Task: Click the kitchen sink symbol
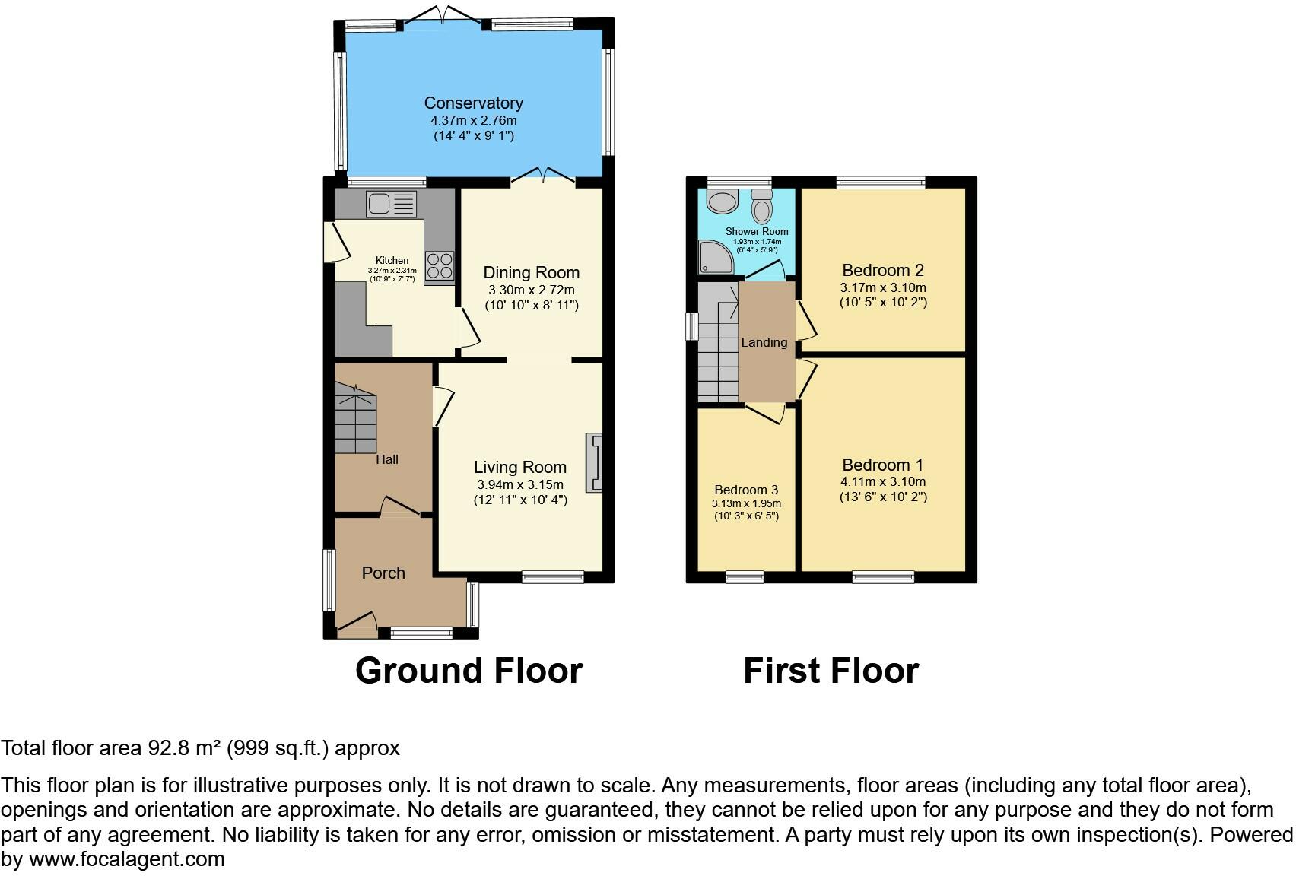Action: point(391,204)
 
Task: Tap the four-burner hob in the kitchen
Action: point(440,266)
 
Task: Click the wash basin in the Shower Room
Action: point(722,202)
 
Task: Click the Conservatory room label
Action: point(473,103)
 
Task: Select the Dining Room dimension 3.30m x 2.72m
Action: point(531,290)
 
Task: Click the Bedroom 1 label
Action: point(882,465)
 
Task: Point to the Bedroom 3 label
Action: point(746,490)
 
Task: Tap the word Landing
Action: point(764,342)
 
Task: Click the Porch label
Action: point(383,573)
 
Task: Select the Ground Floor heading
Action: point(469,671)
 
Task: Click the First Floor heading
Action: point(831,671)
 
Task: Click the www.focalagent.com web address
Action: point(127,859)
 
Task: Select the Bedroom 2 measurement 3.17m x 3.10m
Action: point(882,287)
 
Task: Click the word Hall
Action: point(387,459)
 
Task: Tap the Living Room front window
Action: point(553,577)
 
